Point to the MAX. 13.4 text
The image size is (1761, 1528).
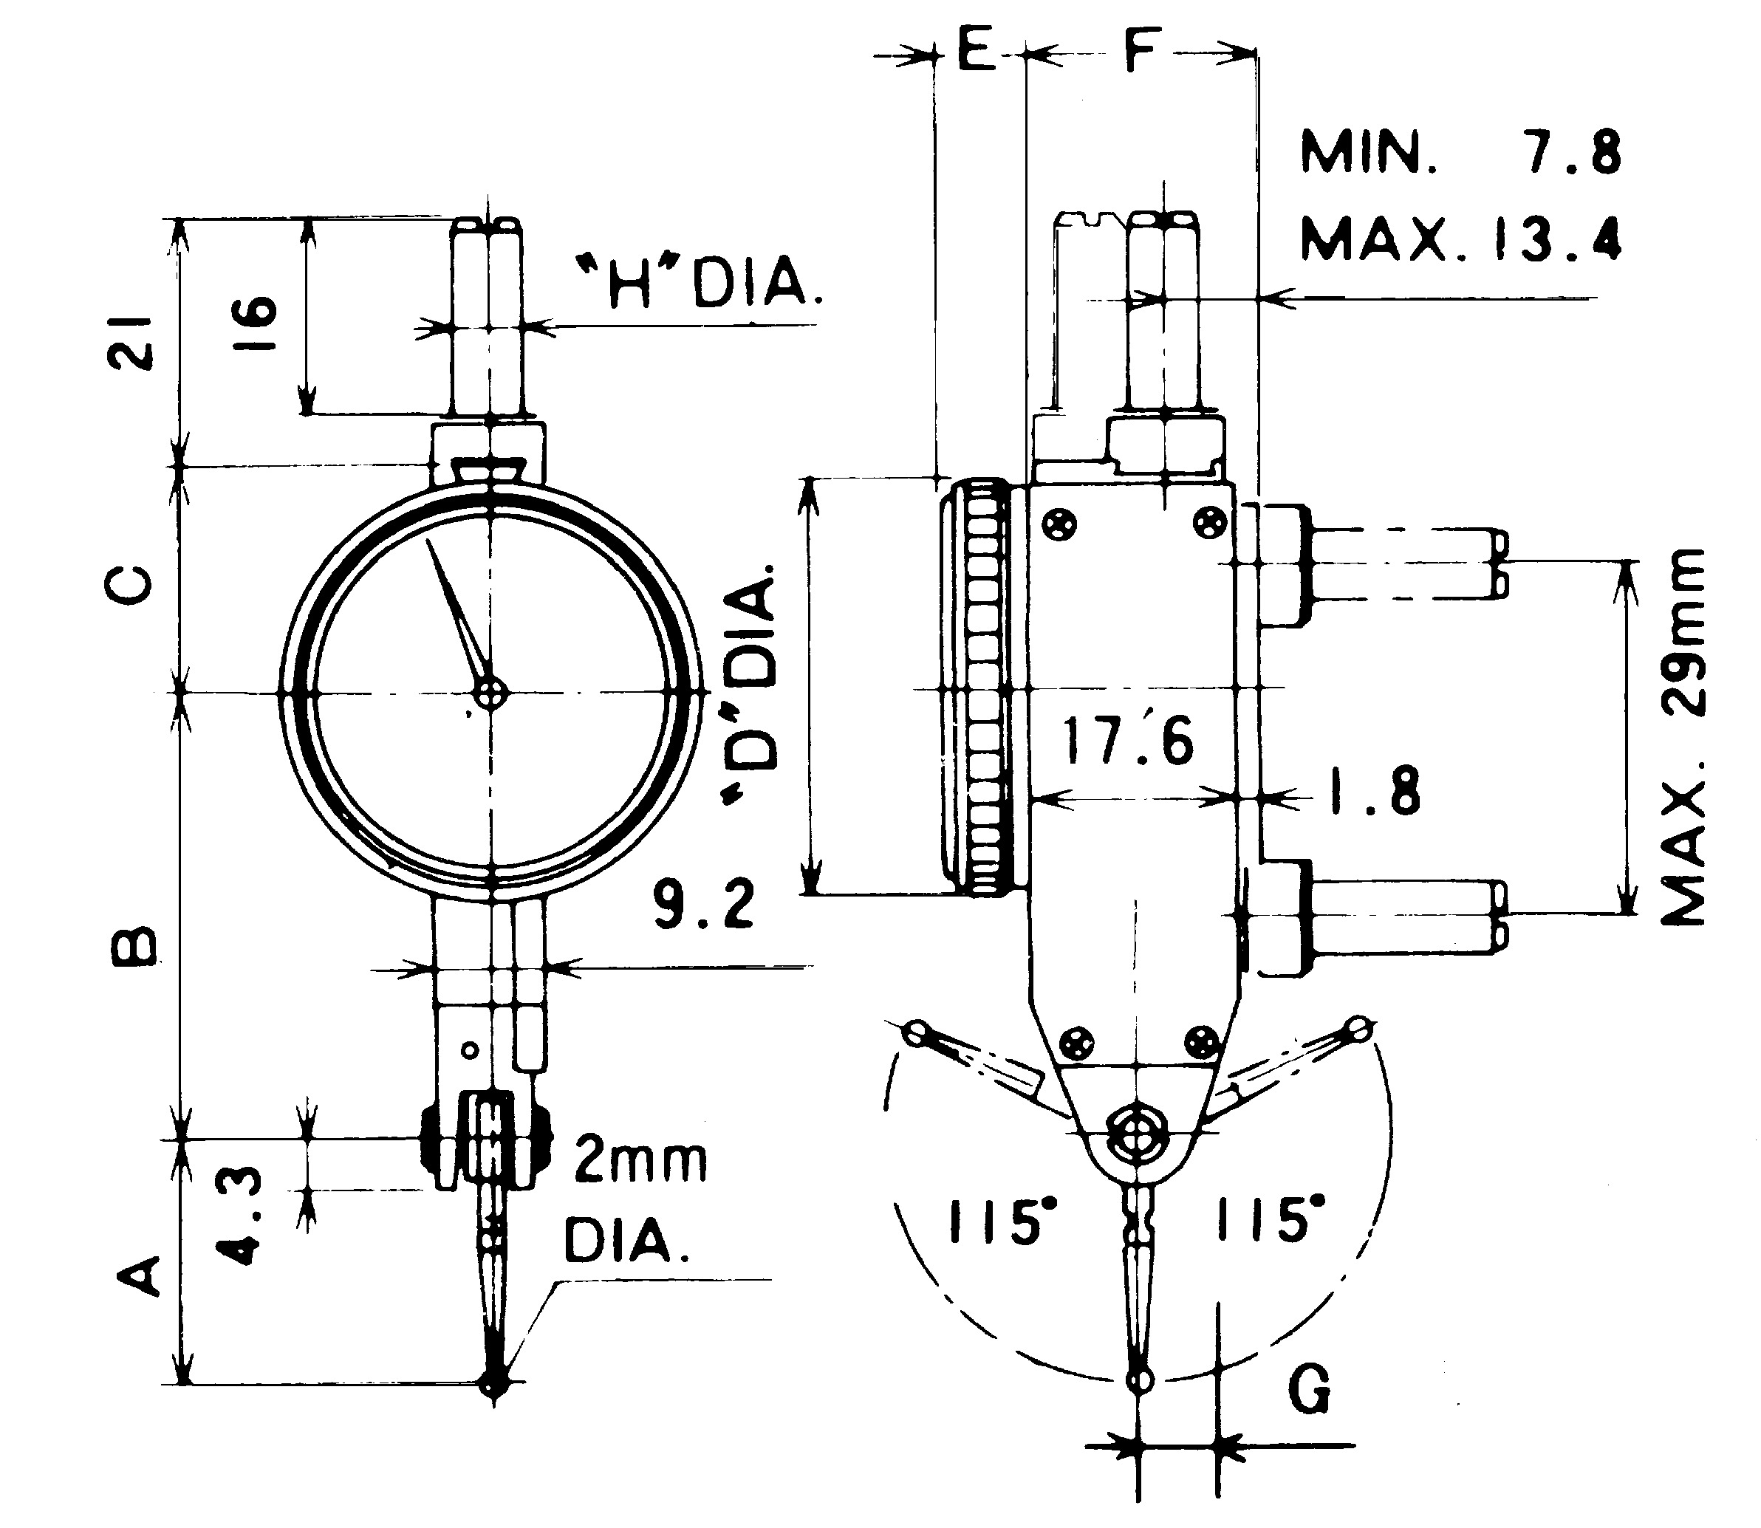tap(1460, 238)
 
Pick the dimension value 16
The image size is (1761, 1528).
tap(255, 323)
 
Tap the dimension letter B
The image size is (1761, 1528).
tap(133, 948)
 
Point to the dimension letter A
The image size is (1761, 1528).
tap(137, 1276)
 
